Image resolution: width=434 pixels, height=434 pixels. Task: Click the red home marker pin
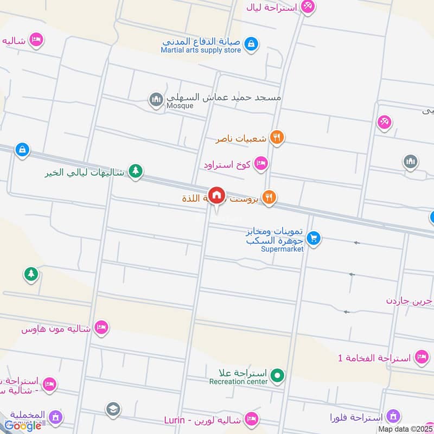click(216, 195)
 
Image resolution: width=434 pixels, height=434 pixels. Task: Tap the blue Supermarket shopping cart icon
click(313, 238)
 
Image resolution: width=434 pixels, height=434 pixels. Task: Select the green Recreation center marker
click(277, 375)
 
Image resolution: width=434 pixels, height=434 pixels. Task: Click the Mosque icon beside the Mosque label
click(156, 99)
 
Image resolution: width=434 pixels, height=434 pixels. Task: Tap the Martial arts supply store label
click(201, 50)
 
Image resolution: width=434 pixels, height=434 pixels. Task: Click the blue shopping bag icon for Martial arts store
click(250, 43)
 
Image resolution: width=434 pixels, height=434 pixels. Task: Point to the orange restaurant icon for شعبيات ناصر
click(277, 138)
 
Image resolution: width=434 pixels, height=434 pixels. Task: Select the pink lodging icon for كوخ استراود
click(261, 163)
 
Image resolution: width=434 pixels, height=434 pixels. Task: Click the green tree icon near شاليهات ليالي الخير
click(135, 171)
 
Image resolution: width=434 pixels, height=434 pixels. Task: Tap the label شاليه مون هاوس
click(55, 329)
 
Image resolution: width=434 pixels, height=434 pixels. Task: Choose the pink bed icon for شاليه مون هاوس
click(101, 328)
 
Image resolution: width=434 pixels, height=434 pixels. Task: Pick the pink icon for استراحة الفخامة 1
click(421, 357)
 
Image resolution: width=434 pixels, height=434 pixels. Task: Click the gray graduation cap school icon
click(113, 409)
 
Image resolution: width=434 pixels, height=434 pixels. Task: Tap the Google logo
click(23, 426)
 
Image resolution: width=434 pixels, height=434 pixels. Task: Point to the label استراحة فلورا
click(356, 417)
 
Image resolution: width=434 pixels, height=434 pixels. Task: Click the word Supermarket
click(282, 249)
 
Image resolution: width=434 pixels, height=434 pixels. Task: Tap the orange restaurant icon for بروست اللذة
click(269, 198)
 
